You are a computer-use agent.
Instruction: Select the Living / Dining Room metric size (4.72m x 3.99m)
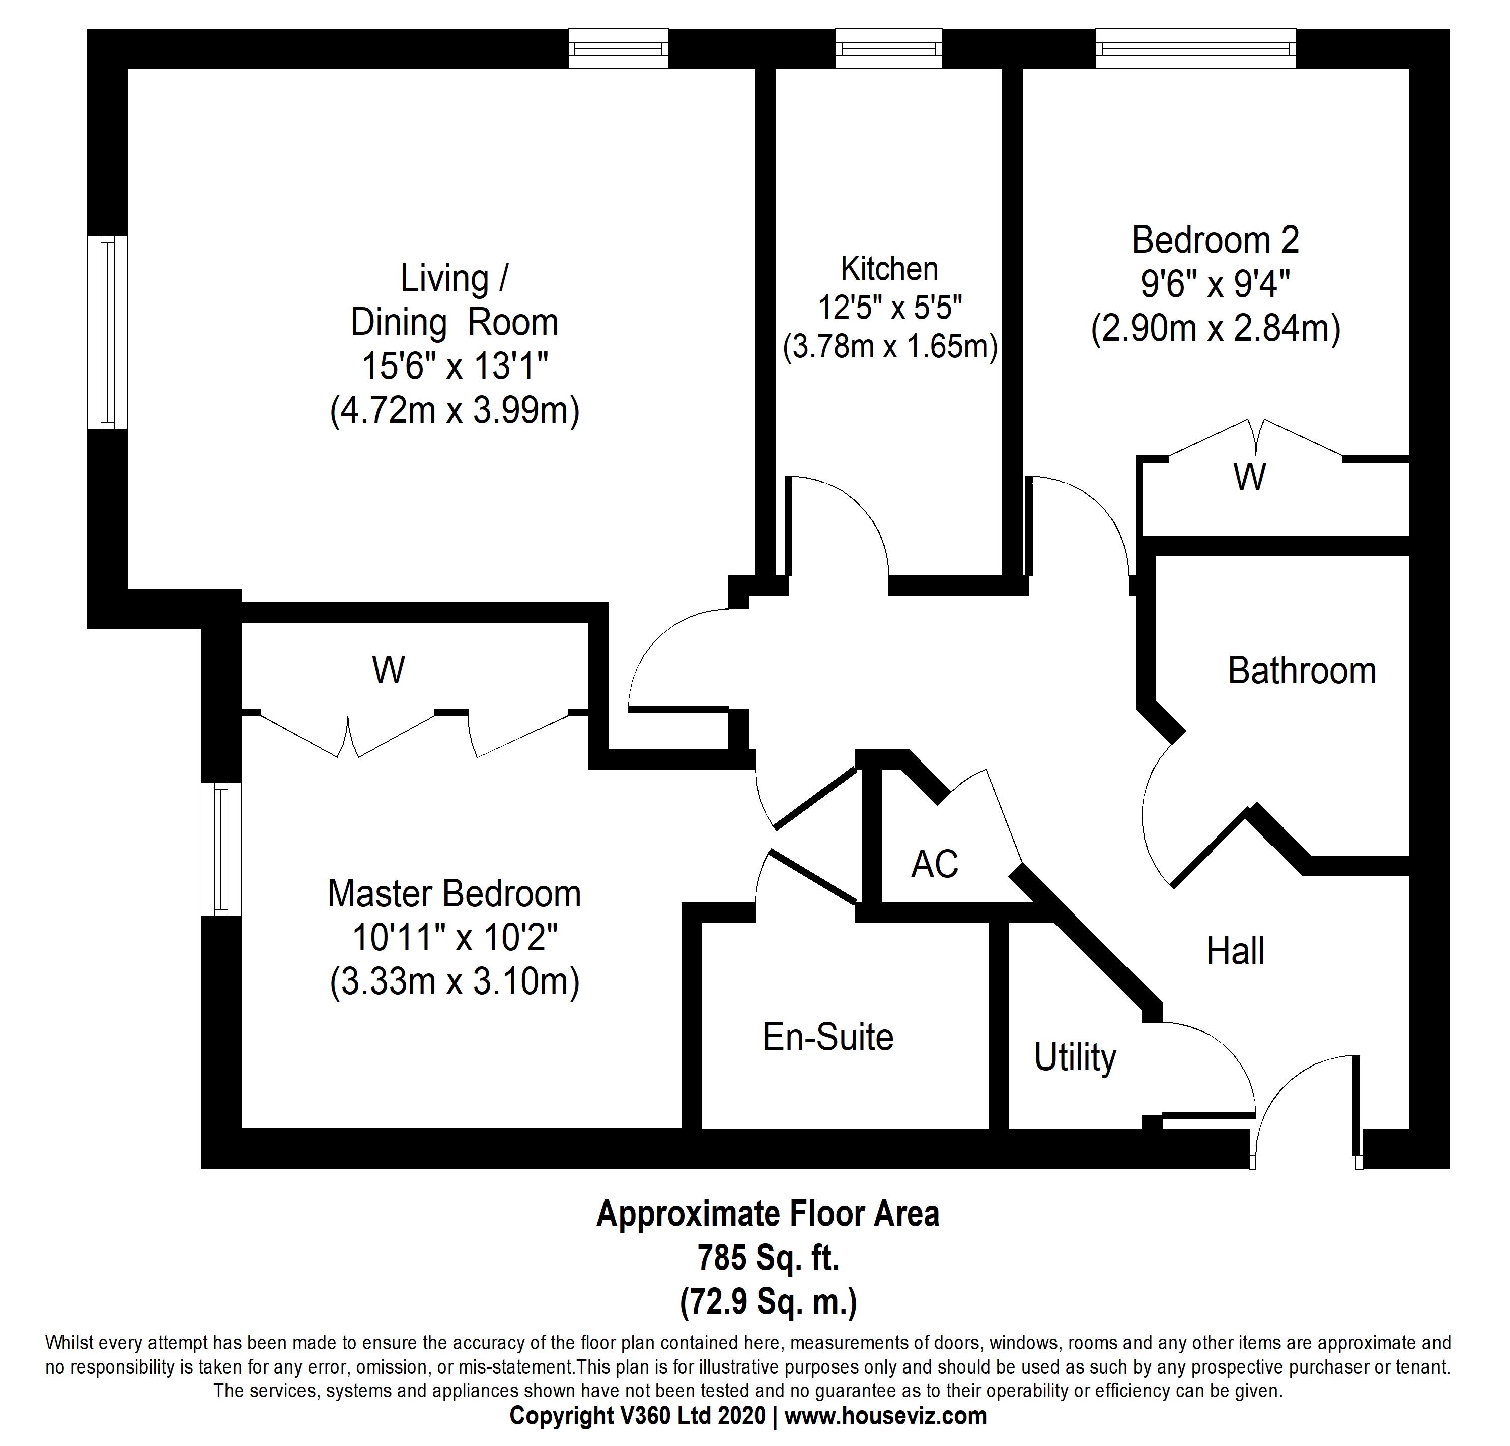[x=455, y=411]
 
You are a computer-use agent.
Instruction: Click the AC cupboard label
[x=935, y=864]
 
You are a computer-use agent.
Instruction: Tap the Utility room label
[x=1075, y=1058]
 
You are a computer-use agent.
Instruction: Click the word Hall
[x=1235, y=951]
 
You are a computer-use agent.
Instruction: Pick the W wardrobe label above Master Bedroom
[x=388, y=671]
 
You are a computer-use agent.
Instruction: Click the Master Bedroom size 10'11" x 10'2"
[x=455, y=938]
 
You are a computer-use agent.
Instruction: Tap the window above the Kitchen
[x=888, y=48]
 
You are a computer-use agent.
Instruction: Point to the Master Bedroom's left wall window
[x=221, y=849]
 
